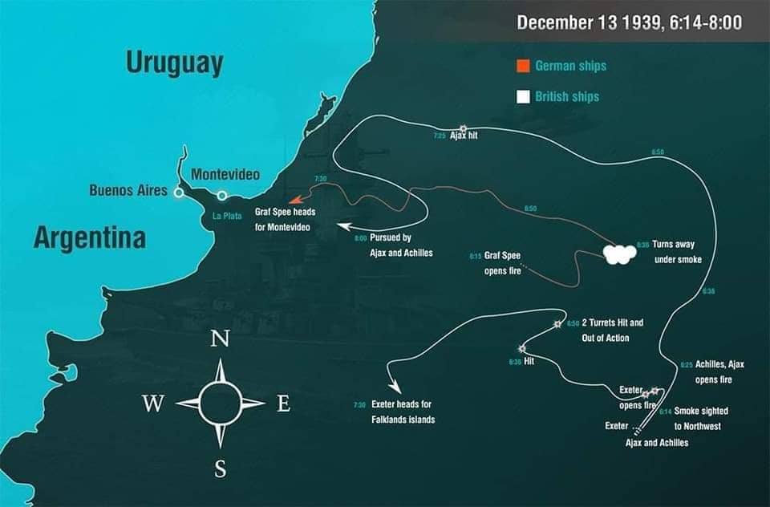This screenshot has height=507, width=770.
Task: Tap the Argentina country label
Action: click(x=90, y=237)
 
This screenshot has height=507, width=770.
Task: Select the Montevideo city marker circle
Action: click(x=222, y=195)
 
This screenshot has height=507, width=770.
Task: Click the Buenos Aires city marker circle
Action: click(x=179, y=192)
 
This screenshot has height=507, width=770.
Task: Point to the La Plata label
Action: click(x=226, y=216)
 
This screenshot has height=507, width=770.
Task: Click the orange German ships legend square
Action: click(x=523, y=66)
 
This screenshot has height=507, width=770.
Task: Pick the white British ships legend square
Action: click(x=523, y=96)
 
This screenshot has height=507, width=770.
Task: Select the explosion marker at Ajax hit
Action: click(x=463, y=128)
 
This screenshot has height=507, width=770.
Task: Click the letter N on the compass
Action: click(x=219, y=339)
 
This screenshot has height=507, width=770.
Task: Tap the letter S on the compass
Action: click(x=220, y=470)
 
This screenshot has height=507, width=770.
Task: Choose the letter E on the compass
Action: click(x=283, y=404)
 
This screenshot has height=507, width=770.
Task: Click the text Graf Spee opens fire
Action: click(x=503, y=263)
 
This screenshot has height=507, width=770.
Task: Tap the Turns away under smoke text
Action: click(x=676, y=251)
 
